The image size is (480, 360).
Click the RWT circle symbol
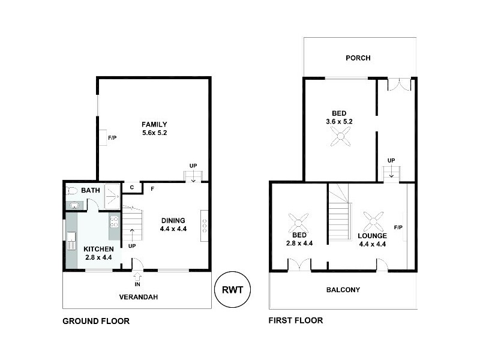[x=232, y=289]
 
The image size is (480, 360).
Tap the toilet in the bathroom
[x=71, y=191]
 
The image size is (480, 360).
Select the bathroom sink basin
[x=74, y=205]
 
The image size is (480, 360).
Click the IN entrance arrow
[x=137, y=277]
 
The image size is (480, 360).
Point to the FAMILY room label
[x=154, y=124]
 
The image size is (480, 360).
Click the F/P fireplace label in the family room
[x=112, y=138]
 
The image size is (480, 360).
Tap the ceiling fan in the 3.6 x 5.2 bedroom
[x=340, y=137]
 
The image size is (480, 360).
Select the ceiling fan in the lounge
[x=373, y=221]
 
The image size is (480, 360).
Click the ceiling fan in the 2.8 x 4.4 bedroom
[x=298, y=223]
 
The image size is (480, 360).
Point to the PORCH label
[x=358, y=58]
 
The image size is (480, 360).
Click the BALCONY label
[x=343, y=290]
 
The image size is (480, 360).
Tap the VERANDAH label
[x=139, y=297]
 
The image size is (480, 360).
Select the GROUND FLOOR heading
[x=96, y=321]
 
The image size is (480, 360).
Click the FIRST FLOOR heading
[x=296, y=320]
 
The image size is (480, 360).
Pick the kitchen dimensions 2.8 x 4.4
[x=98, y=257]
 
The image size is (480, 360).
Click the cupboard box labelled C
[x=132, y=188]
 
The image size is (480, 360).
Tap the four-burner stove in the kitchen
[x=114, y=221]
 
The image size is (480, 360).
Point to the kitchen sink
[x=71, y=241]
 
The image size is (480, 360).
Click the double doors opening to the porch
[x=399, y=85]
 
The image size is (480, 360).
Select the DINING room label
[x=173, y=220]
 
